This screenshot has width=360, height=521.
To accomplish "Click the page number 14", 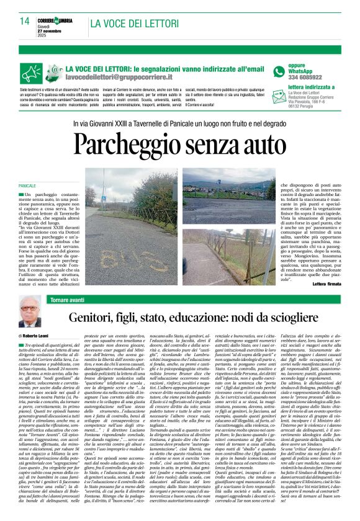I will [x=24, y=21].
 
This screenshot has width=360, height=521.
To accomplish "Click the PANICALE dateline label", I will [x=28, y=186].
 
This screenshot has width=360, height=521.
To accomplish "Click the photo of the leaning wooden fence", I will [x=230, y=248].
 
